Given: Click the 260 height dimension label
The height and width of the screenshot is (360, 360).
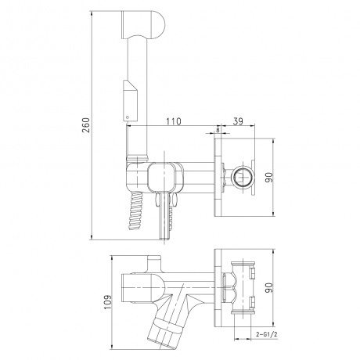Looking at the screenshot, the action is point(86,125).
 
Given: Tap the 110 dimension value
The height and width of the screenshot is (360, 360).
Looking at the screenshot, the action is point(173,121).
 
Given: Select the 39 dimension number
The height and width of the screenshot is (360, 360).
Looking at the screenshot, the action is point(238,121).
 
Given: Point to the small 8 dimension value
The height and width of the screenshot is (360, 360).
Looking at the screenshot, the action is point(218,129).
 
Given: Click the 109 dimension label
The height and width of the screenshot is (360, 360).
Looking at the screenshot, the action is point(107,302).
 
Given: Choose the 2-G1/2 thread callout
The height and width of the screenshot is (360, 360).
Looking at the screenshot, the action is point(267,334).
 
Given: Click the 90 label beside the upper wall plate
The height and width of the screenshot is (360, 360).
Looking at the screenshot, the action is point(269,178).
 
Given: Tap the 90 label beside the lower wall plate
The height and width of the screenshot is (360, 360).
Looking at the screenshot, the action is point(269,288).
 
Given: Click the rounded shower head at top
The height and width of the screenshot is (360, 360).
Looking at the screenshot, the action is point(143,25).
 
